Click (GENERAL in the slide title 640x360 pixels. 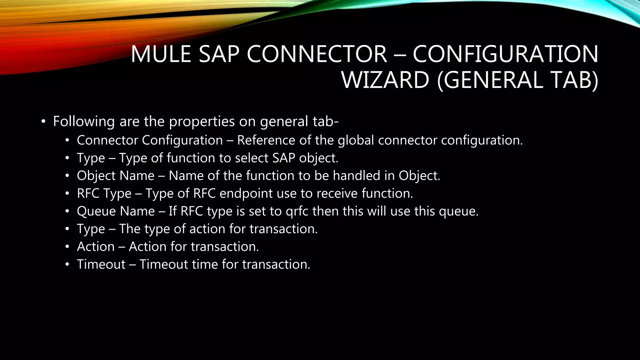[x=490, y=80]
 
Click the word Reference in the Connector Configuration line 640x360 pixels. [x=266, y=140]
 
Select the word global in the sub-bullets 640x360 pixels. [x=356, y=140]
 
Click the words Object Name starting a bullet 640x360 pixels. [x=116, y=176]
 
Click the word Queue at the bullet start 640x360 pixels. [x=96, y=211]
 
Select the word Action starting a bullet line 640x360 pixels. [x=96, y=247]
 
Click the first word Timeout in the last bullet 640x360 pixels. [x=101, y=264]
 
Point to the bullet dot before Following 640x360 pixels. [x=43, y=122]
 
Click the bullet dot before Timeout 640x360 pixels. [x=67, y=265]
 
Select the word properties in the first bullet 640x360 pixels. [x=202, y=122]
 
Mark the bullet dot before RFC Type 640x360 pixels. [x=67, y=194]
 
